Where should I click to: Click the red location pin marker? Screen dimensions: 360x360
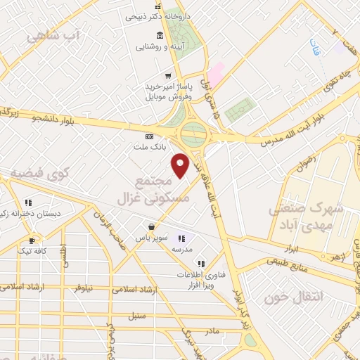tap(181, 165)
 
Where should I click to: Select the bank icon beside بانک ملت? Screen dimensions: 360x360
tap(148, 136)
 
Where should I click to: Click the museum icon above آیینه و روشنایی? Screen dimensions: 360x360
tap(160, 36)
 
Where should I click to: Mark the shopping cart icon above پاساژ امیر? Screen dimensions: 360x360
tap(167, 75)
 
